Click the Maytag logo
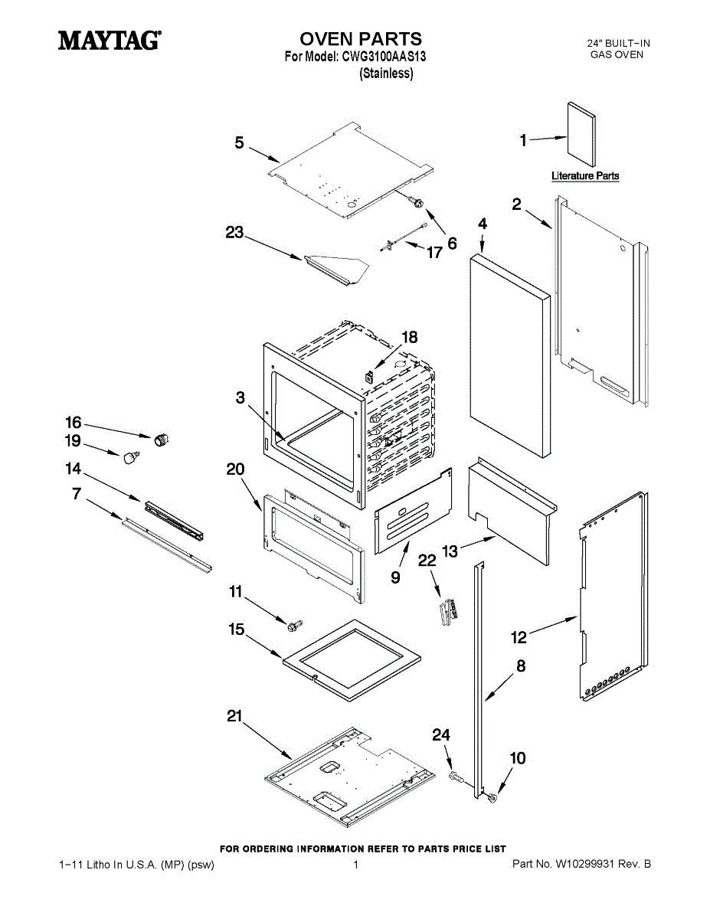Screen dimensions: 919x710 pyautogui.click(x=110, y=41)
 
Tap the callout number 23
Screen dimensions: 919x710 pyautogui.click(x=235, y=233)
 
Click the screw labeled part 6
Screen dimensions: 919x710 pyautogui.click(x=418, y=201)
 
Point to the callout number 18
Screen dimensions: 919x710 pyautogui.click(x=410, y=336)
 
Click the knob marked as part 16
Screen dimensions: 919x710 pyautogui.click(x=161, y=439)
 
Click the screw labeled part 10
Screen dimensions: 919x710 pyautogui.click(x=491, y=798)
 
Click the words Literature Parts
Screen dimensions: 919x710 pyautogui.click(x=585, y=176)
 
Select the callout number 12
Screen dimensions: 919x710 pyautogui.click(x=519, y=636)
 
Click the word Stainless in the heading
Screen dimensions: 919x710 pyautogui.click(x=387, y=74)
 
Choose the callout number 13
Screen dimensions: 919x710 pyautogui.click(x=450, y=550)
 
